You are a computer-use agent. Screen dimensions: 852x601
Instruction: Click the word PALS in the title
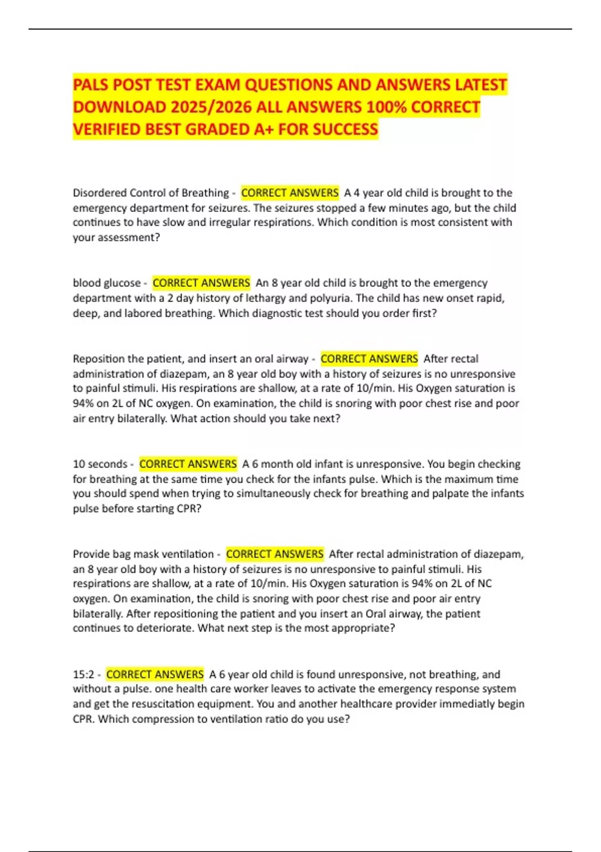pos(91,85)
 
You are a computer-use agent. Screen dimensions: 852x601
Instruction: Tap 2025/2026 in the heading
pos(210,107)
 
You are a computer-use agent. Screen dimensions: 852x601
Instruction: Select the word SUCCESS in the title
pos(346,129)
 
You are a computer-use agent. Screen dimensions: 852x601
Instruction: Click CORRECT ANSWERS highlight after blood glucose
pos(201,283)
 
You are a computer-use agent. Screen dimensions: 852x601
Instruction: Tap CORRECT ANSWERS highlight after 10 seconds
pos(188,464)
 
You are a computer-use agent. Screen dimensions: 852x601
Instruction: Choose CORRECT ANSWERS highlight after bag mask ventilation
pos(274,554)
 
